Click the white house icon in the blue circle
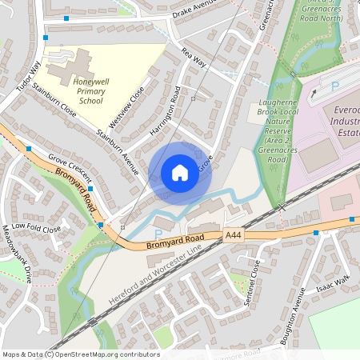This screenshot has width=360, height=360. pos(180,172)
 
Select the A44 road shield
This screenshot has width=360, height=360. pos(233,235)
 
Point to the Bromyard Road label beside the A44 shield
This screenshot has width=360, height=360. pos(182,242)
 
